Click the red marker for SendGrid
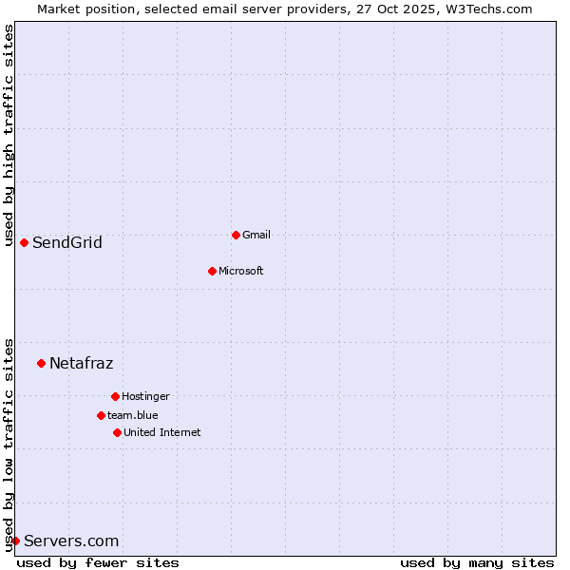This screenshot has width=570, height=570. [24, 242]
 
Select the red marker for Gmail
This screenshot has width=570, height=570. [236, 235]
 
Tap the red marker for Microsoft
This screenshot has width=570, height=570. [212, 271]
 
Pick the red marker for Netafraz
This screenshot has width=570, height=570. [41, 363]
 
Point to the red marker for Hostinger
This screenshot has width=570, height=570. [115, 396]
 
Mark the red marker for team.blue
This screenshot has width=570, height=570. [101, 415]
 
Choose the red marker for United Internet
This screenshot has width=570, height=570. [117, 432]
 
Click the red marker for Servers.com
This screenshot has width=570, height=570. [15, 541]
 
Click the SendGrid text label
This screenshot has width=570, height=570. [67, 242]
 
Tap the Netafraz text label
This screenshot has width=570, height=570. [81, 363]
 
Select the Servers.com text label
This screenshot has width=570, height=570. [71, 541]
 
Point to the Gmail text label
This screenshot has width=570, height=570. [256, 235]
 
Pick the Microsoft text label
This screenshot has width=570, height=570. [241, 271]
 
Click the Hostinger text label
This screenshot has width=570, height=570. [145, 396]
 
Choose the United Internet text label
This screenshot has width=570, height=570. [162, 432]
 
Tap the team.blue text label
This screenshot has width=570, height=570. [133, 415]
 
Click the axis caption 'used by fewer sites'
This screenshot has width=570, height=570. [98, 562]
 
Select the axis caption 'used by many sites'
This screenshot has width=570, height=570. [477, 562]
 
